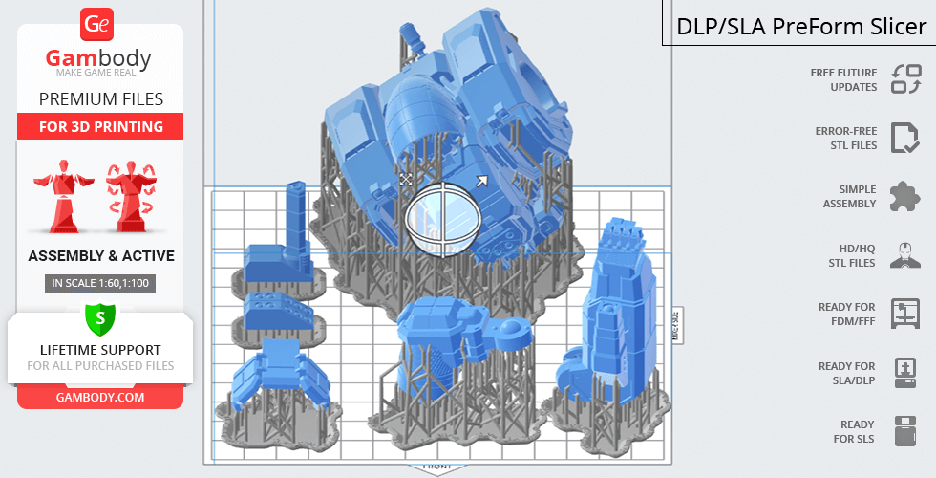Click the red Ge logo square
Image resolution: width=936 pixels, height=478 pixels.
coord(97,25)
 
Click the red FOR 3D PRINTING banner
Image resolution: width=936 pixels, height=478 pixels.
coord(100,126)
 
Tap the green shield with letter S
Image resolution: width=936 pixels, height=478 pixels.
coord(100,318)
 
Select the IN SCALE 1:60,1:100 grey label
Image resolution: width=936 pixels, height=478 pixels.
coord(100,283)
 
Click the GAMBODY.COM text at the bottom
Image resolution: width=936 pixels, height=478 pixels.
coord(100,398)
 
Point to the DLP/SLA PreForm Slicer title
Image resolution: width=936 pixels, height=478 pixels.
coord(801,27)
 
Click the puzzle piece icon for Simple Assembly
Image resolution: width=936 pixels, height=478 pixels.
coord(904,197)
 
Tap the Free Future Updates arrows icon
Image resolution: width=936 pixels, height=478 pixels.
coord(906,79)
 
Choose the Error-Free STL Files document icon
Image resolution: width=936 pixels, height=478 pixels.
coord(905,138)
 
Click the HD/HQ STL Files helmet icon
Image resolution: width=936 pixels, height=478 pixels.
coord(905,255)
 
